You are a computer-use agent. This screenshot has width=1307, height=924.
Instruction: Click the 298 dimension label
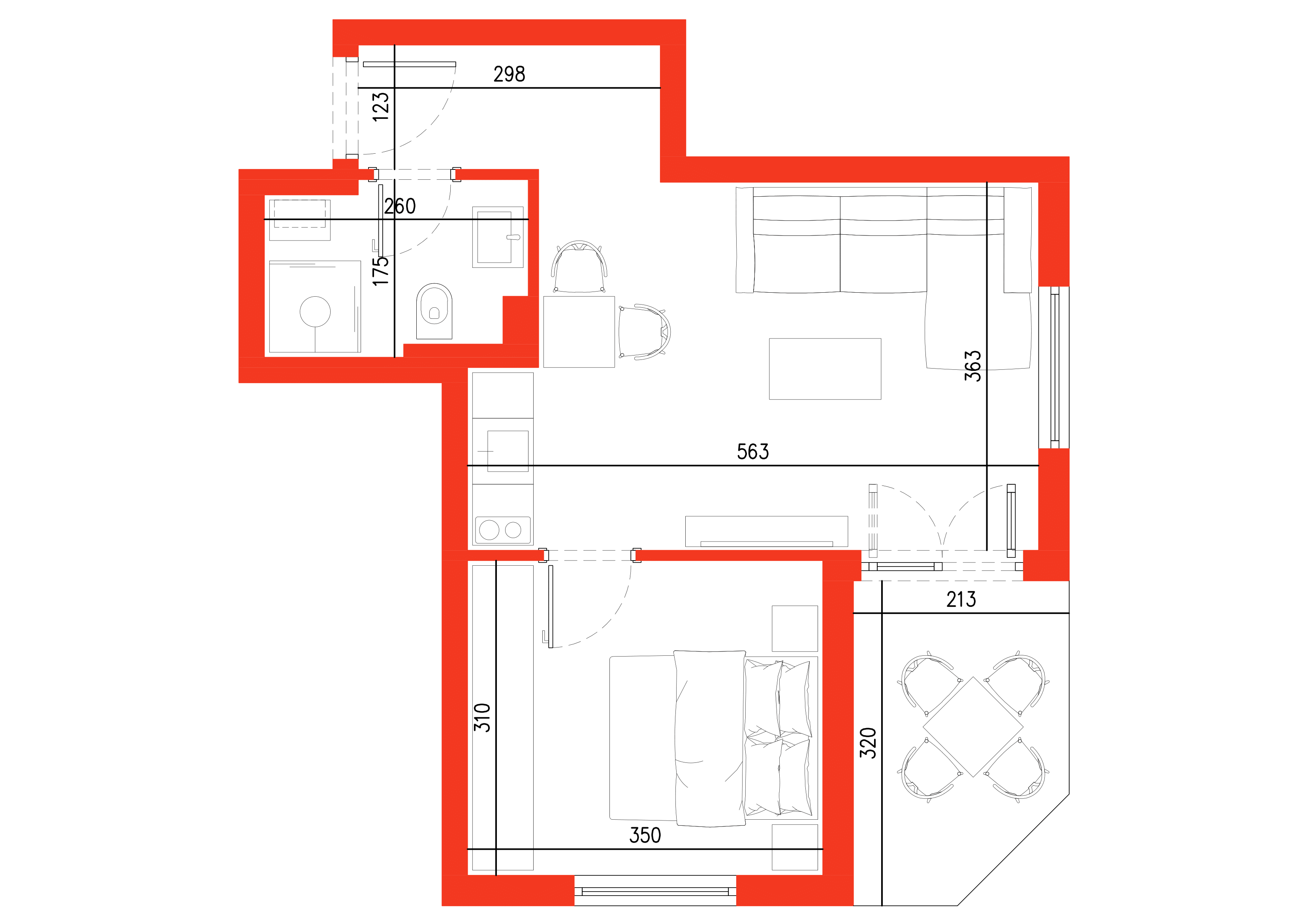tap(509, 74)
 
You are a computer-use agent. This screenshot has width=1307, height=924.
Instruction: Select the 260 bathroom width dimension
tap(400, 206)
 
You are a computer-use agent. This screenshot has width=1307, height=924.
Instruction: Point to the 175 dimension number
tap(380, 271)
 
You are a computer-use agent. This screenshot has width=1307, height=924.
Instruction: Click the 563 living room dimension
tap(752, 452)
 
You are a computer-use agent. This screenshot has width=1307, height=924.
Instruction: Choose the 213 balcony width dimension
tap(961, 600)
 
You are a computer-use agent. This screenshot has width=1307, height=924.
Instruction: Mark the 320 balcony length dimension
tap(868, 743)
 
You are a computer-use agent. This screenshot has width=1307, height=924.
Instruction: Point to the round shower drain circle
tap(315, 311)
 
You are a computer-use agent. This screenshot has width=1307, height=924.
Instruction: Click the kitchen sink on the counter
tap(507, 451)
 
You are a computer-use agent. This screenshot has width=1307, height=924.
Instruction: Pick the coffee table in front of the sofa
tap(825, 369)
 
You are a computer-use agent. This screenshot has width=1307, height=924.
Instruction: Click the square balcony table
tap(973, 727)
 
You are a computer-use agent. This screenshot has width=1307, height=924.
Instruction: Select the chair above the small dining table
tap(579, 266)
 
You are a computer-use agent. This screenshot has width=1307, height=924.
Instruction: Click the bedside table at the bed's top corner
tap(795, 629)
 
